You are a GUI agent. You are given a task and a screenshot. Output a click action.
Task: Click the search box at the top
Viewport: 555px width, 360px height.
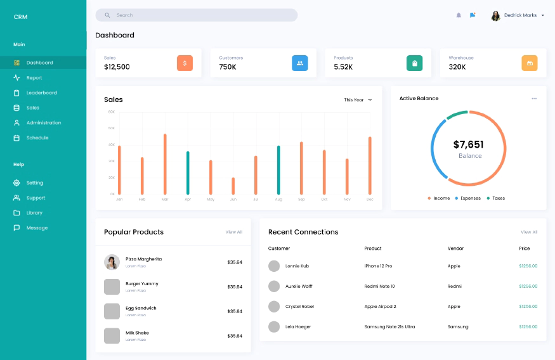tap(196, 15)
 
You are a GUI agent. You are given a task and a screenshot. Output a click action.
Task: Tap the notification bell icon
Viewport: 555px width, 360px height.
tap(459, 15)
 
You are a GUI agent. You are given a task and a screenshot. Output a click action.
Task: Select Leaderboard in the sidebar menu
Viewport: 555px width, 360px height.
tap(41, 93)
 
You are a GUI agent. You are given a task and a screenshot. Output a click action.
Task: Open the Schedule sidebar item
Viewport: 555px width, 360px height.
tap(37, 138)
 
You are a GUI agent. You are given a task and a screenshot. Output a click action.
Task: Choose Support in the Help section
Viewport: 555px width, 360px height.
tap(36, 198)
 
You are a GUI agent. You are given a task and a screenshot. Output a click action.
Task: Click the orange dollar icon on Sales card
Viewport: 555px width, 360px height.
tap(185, 63)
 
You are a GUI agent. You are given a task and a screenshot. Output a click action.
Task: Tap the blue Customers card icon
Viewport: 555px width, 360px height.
tap(300, 63)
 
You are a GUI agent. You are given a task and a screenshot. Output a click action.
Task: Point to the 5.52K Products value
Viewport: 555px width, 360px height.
tap(343, 67)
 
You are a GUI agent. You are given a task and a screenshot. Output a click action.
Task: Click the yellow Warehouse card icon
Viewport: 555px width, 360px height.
tap(530, 63)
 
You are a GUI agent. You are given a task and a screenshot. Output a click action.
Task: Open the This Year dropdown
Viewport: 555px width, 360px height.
tap(358, 100)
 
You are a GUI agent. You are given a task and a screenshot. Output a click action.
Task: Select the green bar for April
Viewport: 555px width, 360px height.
tap(188, 172)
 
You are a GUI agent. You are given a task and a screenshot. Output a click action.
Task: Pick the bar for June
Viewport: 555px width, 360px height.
tap(233, 186)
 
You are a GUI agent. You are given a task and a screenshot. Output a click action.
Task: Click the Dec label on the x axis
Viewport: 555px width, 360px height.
tap(370, 200)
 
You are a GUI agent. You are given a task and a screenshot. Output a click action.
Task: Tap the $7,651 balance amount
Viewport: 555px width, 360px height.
tap(469, 145)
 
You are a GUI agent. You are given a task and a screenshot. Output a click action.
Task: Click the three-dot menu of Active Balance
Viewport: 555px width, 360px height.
tap(534, 98)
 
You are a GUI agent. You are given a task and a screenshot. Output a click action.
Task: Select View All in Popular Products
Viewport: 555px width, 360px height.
tap(234, 232)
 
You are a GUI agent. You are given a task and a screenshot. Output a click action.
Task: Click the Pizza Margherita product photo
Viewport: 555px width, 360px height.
tap(112, 262)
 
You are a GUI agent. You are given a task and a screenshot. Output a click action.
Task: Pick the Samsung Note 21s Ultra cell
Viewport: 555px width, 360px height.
tap(389, 327)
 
